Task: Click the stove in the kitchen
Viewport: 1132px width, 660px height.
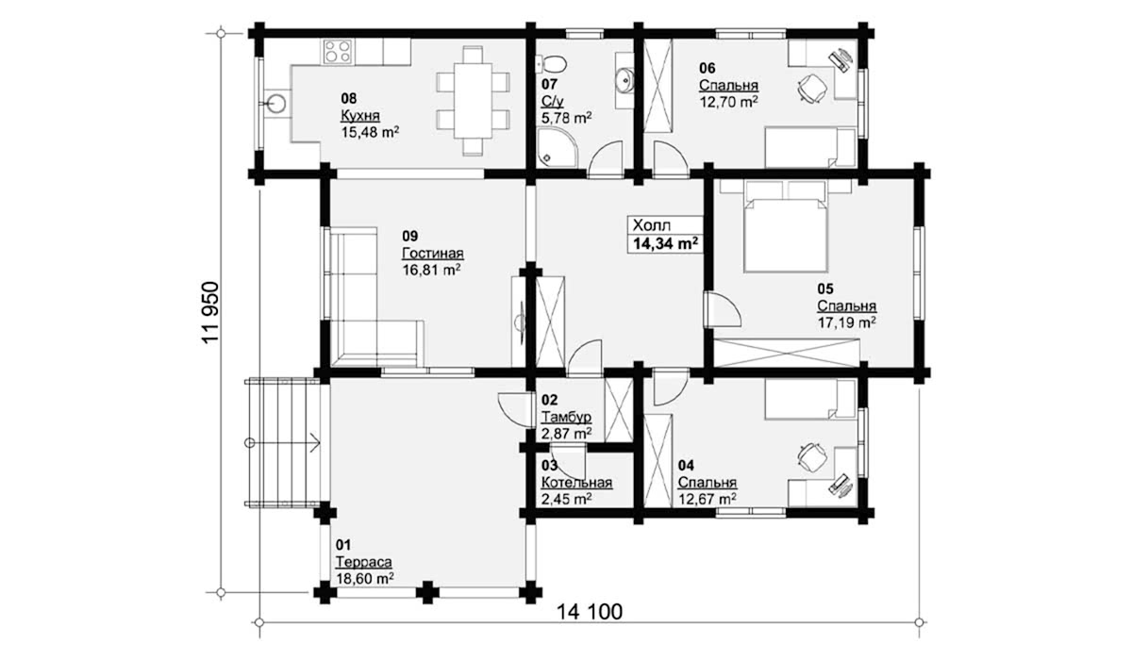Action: (x=338, y=52)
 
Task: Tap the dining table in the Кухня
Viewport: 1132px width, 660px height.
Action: (x=473, y=100)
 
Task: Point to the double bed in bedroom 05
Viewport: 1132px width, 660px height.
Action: (x=785, y=235)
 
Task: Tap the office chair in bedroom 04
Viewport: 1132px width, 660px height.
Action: (x=811, y=457)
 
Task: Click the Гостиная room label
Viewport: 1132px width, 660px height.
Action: (x=433, y=253)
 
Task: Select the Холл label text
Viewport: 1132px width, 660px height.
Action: (x=652, y=225)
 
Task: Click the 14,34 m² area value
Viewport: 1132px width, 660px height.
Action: (x=666, y=244)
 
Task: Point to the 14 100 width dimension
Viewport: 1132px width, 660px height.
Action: (x=590, y=612)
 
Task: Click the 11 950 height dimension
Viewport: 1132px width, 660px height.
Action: (x=210, y=313)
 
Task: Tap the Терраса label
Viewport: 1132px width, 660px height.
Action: (x=364, y=562)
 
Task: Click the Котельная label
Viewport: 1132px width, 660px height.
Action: (x=576, y=482)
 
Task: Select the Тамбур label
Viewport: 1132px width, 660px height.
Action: (x=566, y=417)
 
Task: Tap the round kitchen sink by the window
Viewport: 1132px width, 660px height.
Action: (x=275, y=104)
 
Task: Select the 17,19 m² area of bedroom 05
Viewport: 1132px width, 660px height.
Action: (x=847, y=322)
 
